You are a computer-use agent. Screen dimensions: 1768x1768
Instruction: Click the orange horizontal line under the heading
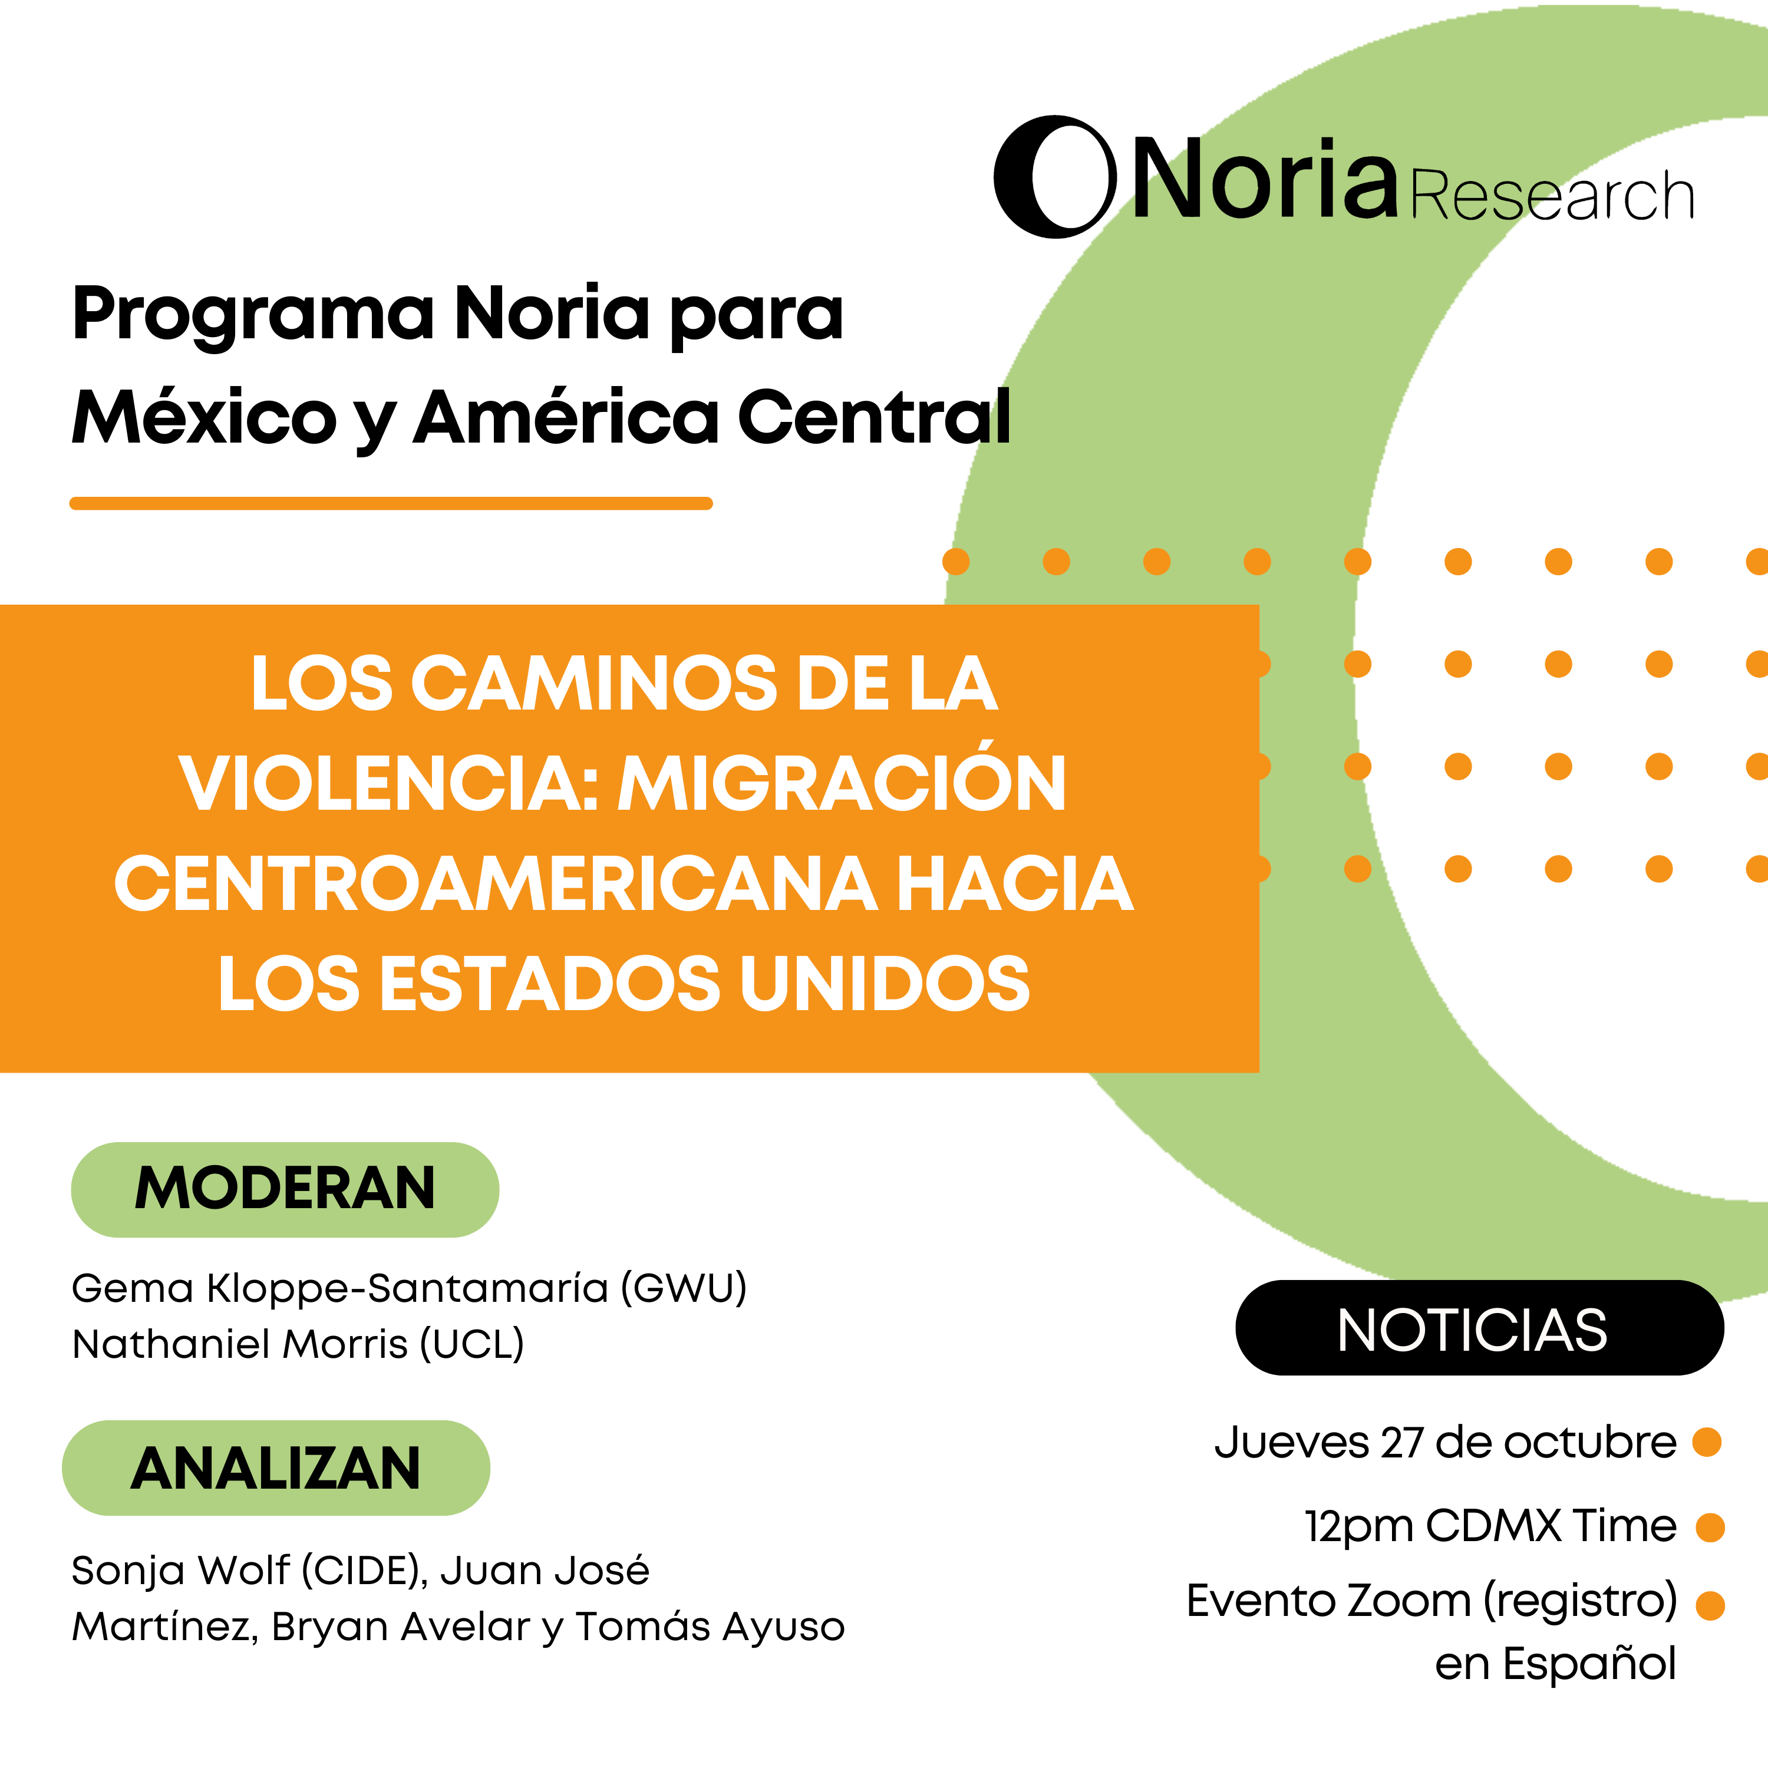(x=391, y=503)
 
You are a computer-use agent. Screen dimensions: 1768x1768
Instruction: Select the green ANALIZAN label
(x=275, y=1468)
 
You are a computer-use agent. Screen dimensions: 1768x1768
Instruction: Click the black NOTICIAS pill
(x=1480, y=1328)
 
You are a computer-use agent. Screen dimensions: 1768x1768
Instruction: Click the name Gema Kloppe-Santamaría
(x=341, y=1288)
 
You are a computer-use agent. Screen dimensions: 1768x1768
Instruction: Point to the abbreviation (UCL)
(x=472, y=1344)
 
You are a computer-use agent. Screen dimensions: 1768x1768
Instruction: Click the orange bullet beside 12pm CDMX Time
(x=1710, y=1528)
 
